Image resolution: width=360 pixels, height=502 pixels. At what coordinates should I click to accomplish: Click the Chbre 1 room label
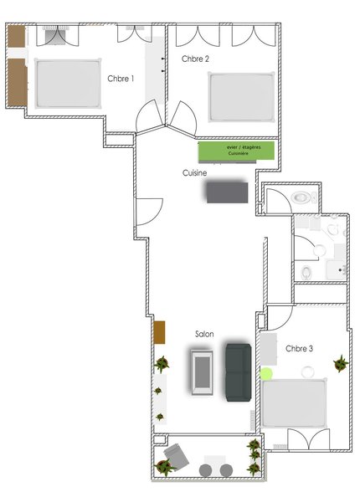pos(121,79)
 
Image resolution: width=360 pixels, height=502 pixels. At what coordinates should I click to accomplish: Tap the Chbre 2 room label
pos(195,59)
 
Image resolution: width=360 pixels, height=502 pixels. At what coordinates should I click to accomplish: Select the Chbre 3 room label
pos(299,348)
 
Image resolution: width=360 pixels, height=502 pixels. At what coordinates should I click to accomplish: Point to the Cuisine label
pos(194,173)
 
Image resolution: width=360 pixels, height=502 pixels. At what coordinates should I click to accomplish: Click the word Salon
pos(204,334)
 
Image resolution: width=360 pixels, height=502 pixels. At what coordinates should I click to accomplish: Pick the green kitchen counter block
pos(236,151)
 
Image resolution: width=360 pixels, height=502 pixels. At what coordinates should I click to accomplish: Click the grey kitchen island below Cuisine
pos(228,192)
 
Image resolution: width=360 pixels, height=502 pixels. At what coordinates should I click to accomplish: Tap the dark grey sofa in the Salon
pos(239,372)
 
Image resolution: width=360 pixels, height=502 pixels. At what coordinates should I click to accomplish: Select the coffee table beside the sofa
pos(202,372)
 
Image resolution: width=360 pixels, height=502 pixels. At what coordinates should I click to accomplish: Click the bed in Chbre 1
pos(68,84)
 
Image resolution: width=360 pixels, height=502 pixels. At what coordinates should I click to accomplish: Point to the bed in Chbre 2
pos(241,97)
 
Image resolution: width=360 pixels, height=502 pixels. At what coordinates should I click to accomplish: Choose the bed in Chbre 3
pos(294,403)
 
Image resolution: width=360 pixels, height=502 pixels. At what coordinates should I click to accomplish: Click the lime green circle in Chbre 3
pos(266,374)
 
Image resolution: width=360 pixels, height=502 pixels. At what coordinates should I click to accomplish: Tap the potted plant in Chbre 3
pos(341,363)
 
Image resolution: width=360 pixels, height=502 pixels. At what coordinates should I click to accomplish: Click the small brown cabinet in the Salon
pos(159,332)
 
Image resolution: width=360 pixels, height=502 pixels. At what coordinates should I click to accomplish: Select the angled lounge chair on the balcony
pos(176,456)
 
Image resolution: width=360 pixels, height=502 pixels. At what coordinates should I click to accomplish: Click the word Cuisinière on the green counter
pos(239,154)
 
